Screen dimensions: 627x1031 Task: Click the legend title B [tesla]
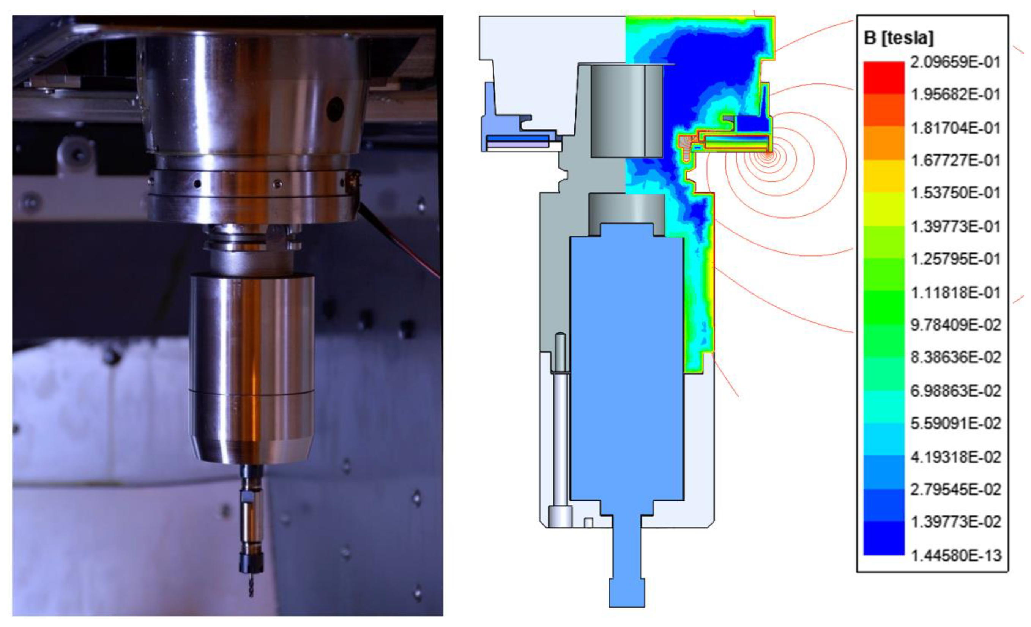899,38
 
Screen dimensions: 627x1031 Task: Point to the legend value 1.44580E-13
956,556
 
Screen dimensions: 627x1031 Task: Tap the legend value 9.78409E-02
956,325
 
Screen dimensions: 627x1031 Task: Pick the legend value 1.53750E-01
956,193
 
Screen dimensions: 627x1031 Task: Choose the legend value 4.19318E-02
956,457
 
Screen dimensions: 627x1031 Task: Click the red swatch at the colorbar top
884,77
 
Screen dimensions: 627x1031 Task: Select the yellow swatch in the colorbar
884,176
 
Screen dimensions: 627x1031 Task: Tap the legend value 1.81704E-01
956,128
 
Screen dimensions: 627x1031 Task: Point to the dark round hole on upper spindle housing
335,110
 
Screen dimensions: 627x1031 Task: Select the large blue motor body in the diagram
627,368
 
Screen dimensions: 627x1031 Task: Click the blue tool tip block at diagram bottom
626,592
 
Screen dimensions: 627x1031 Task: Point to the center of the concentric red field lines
768,155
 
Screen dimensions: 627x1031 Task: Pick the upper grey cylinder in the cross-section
626,111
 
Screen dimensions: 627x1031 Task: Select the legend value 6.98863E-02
956,391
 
